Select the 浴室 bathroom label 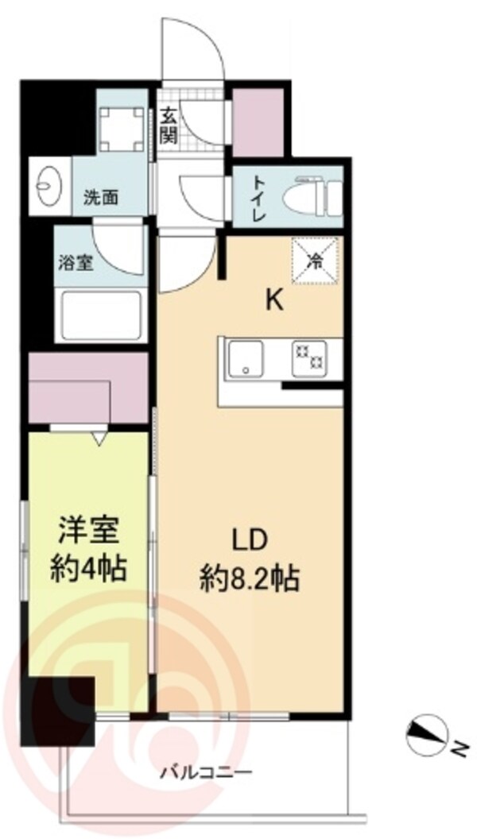76,262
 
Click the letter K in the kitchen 273,300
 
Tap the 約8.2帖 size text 248,579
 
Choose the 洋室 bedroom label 87,529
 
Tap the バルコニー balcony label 206,771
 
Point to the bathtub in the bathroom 102,315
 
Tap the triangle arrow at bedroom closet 100,437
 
